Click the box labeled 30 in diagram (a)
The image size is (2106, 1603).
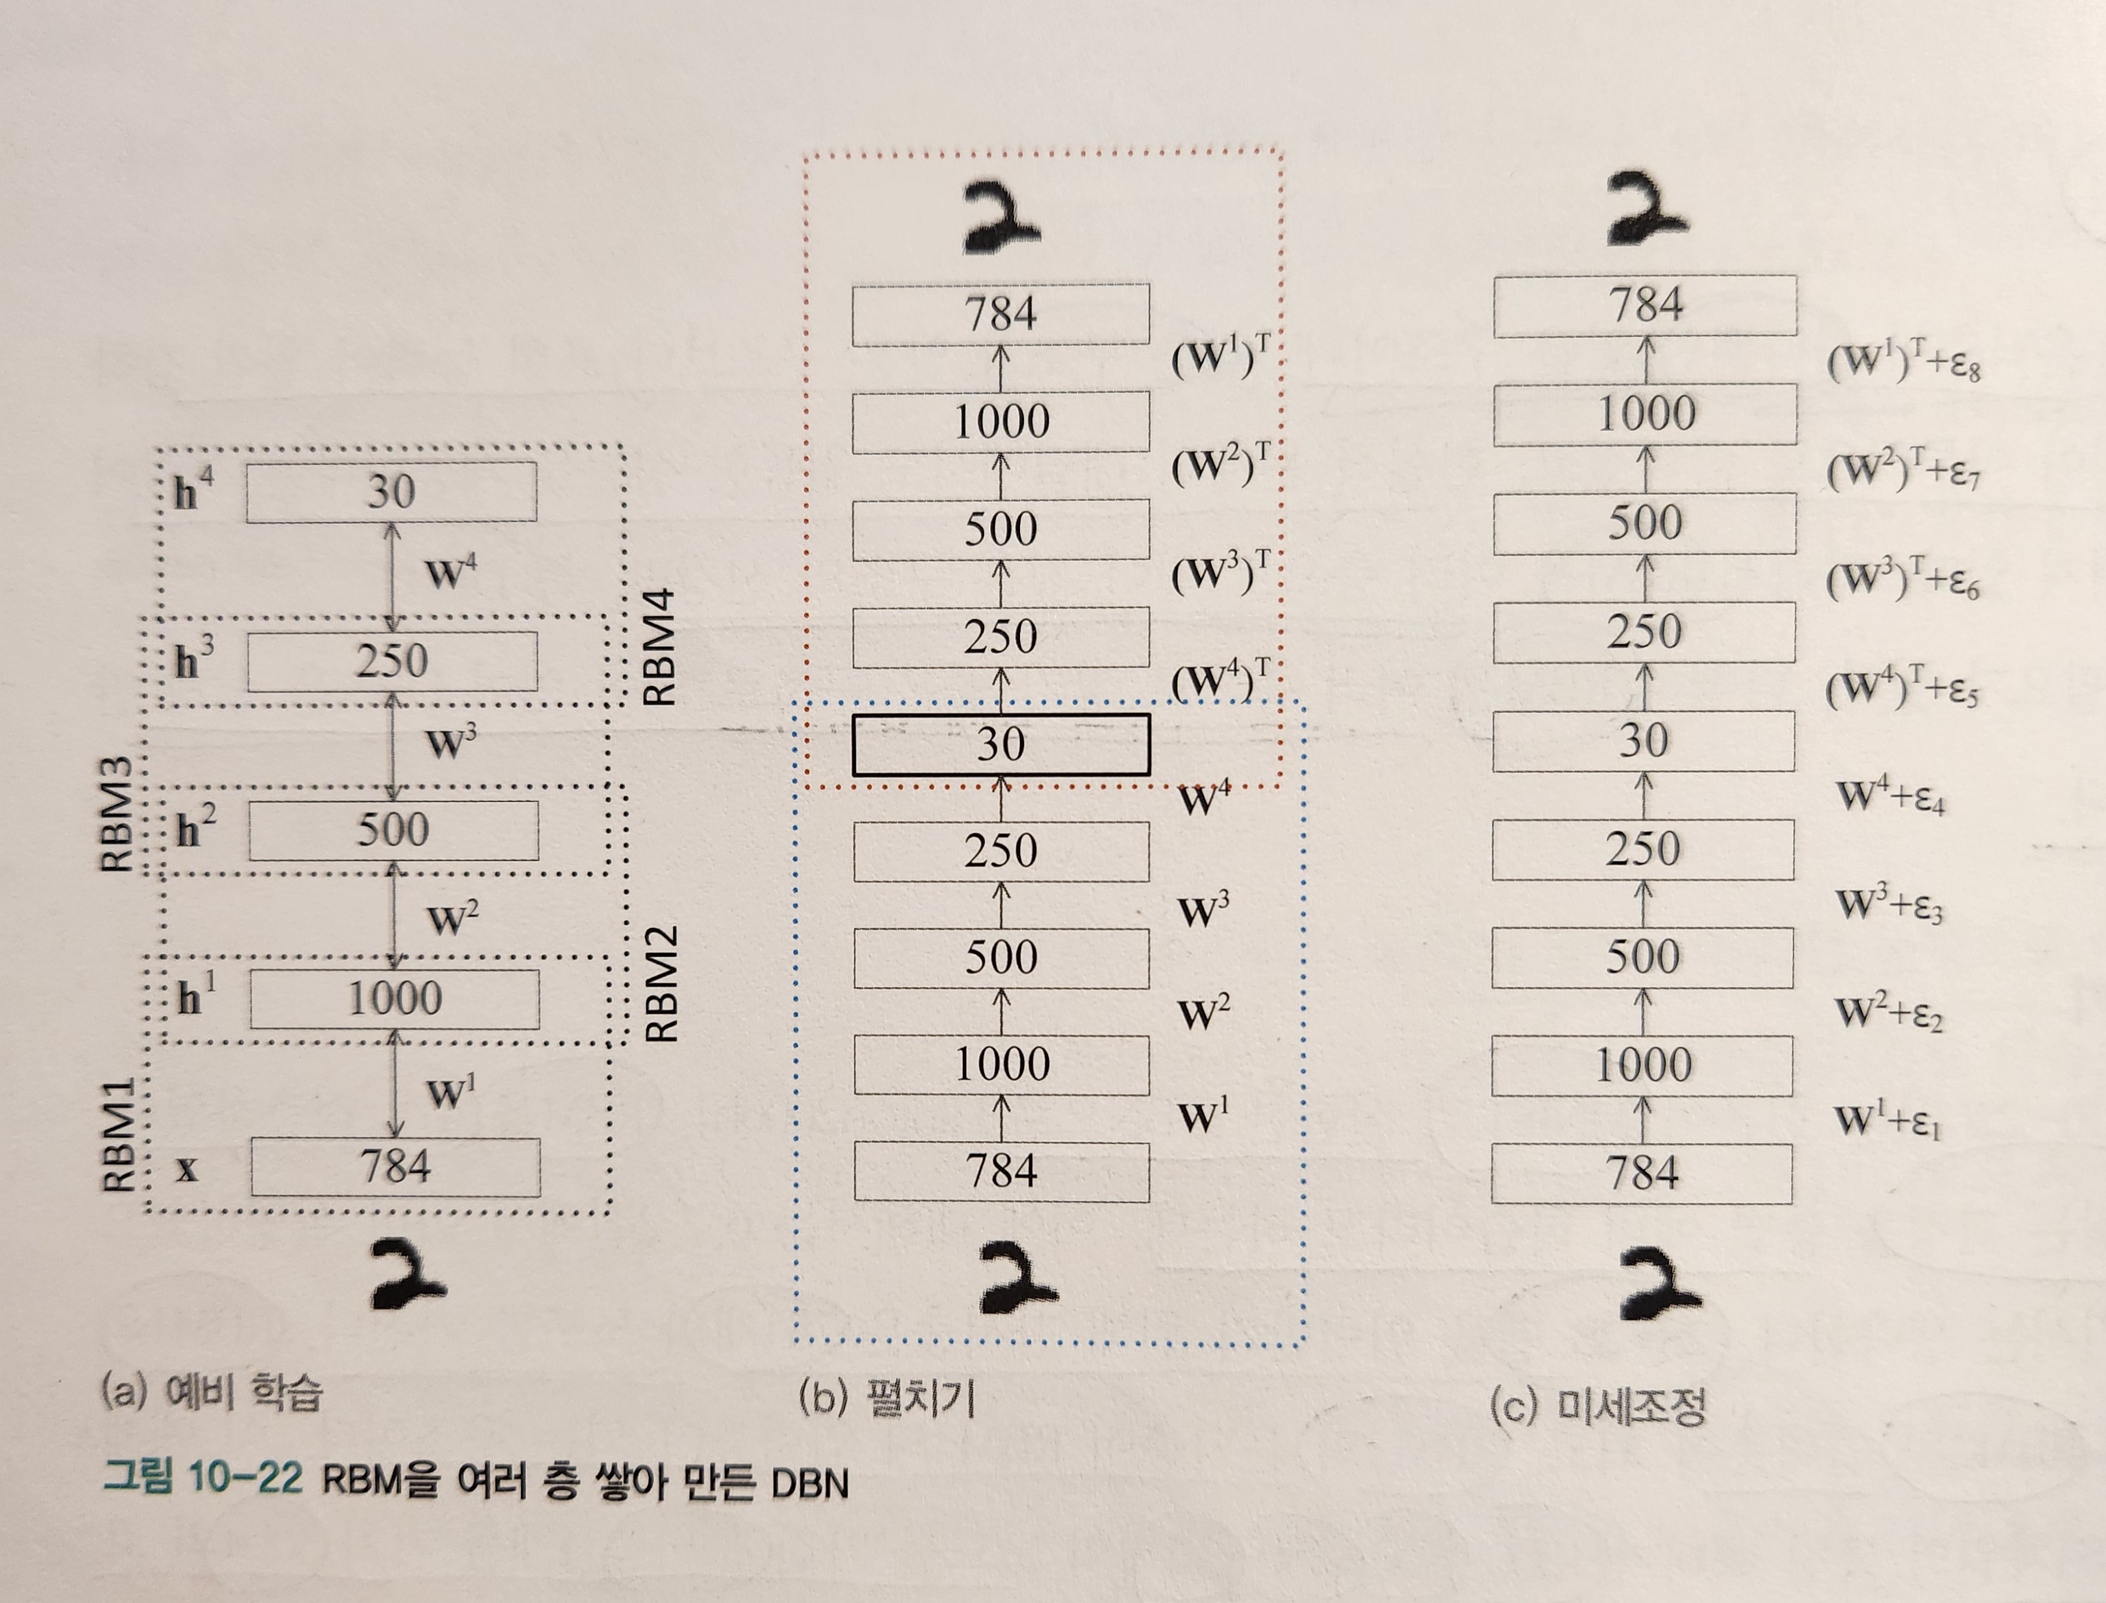pos(391,493)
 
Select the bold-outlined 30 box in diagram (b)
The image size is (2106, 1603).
pos(1000,745)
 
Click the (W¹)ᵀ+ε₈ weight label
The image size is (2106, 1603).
pos(1903,362)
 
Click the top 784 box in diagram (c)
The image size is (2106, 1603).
pos(1644,305)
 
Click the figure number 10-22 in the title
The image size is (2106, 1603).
pos(244,1479)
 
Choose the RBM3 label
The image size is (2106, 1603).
pos(116,815)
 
